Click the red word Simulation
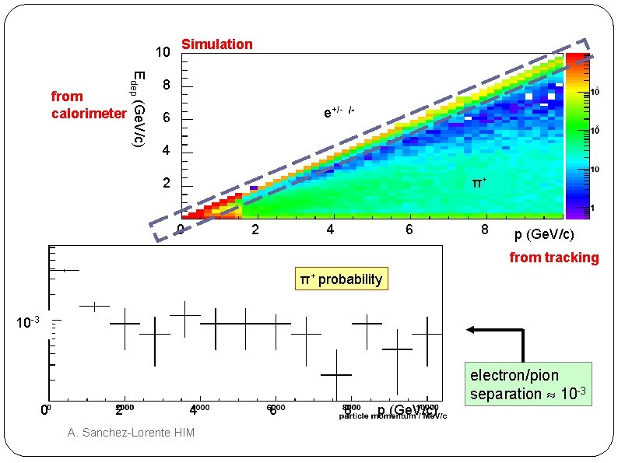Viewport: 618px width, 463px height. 216,44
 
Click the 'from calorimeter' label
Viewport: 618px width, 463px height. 87,105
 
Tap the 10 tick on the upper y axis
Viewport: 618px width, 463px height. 162,53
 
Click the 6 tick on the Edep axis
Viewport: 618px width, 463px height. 166,118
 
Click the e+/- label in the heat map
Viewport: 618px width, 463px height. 339,112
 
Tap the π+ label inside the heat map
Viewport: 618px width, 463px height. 481,183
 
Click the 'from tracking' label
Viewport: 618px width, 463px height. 554,258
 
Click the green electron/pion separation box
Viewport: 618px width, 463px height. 528,385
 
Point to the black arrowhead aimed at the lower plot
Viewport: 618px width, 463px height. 471,330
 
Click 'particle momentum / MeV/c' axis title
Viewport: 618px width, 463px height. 393,416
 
